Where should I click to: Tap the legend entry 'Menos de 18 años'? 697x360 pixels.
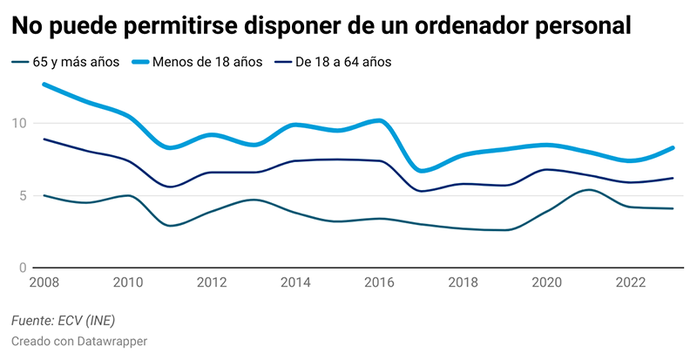[206, 62]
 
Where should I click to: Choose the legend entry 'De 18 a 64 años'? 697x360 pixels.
[343, 62]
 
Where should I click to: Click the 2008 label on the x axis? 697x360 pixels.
[44, 283]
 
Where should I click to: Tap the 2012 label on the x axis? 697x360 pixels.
[213, 283]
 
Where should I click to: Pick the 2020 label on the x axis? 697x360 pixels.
[545, 283]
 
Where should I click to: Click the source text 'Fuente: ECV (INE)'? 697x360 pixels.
[64, 322]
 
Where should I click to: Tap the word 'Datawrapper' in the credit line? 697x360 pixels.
[112, 341]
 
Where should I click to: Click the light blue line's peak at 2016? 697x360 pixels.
[377, 120]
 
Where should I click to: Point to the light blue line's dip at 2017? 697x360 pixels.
[421, 170]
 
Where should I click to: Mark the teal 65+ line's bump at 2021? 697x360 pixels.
[589, 189]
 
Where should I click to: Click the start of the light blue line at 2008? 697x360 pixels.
[44, 85]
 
